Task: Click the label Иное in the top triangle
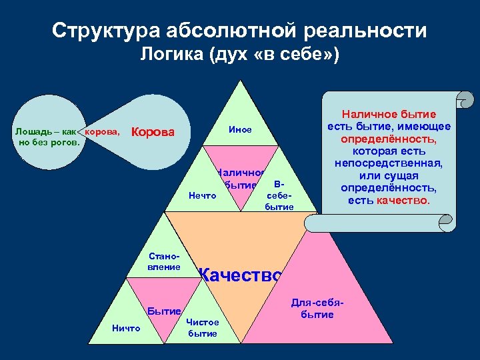click(x=240, y=130)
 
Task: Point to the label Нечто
click(x=203, y=196)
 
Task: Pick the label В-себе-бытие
click(x=279, y=195)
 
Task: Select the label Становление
click(x=164, y=261)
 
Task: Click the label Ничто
click(x=126, y=328)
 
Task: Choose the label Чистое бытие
click(x=203, y=327)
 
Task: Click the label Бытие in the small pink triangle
click(x=164, y=311)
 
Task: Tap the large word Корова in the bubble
click(x=154, y=132)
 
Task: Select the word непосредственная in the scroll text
click(x=389, y=163)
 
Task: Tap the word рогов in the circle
click(x=65, y=141)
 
